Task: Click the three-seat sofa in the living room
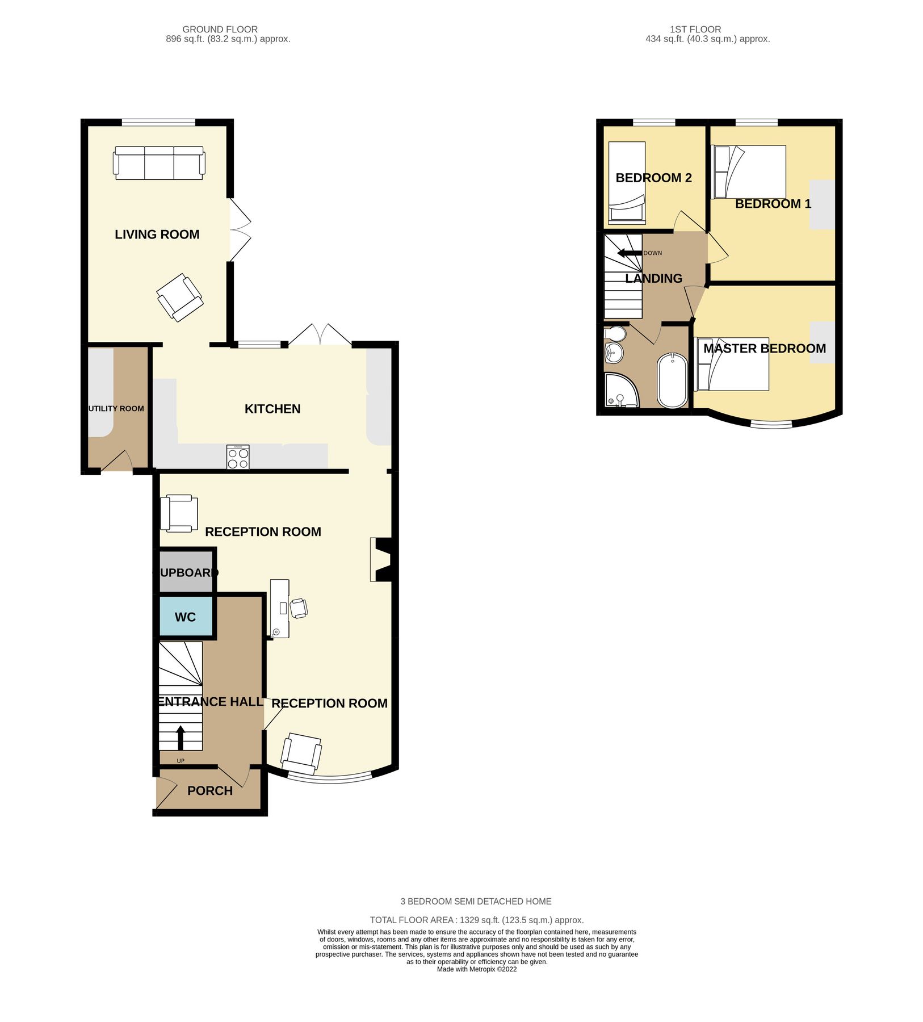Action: (159, 163)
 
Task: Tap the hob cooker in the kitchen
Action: (238, 457)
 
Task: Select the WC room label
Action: (185, 617)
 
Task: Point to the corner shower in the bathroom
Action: (620, 391)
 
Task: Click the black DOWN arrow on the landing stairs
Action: (629, 253)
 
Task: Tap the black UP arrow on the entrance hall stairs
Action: (181, 738)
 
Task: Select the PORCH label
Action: (210, 791)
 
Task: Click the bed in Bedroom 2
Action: (627, 181)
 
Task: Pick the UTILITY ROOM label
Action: (116, 409)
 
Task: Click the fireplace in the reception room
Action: (380, 559)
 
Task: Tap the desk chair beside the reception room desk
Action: (299, 608)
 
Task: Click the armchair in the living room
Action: (179, 298)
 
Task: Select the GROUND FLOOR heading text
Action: (220, 30)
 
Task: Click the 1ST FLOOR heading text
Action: (695, 30)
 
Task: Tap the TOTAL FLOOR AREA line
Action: (476, 920)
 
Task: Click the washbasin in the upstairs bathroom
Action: (614, 353)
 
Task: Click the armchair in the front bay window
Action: (301, 753)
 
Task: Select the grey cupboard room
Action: (185, 572)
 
